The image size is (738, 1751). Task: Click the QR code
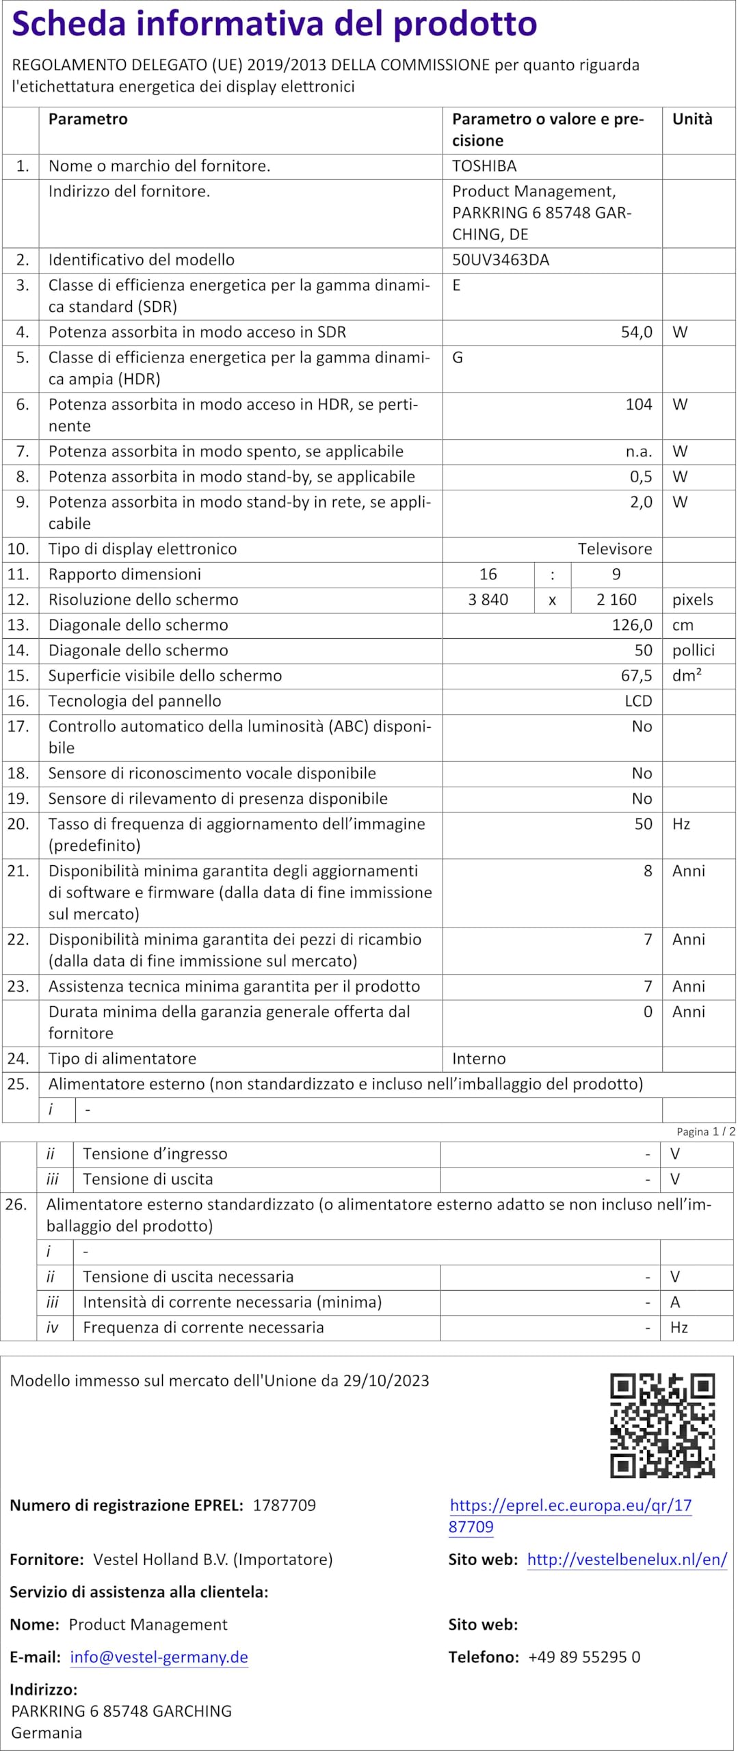pos(662,1425)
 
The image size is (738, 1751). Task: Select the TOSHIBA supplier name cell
pos(484,166)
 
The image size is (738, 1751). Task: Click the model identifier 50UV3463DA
pos(501,260)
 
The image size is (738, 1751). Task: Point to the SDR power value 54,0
pos(636,332)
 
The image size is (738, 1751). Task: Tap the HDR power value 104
pos(639,404)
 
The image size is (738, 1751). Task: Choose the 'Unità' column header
pos(692,119)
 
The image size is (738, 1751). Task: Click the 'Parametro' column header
pos(88,119)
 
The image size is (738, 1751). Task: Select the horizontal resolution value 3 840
pos(488,600)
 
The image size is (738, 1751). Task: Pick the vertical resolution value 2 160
pos(616,600)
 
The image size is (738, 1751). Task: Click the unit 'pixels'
pos(693,600)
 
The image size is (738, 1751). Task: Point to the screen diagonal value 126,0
pos(632,625)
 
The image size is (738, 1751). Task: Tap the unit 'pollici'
pos(694,650)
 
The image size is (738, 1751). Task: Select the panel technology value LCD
pos(638,701)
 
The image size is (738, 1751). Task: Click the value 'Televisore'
pos(615,549)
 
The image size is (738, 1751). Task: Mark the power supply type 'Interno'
pos(479,1059)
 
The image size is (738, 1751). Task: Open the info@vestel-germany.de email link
pos(159,1657)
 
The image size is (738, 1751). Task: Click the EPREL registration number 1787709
pos(285,1505)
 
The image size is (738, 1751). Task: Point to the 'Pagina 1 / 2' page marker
pos(706,1132)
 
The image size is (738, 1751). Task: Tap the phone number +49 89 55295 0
pos(584,1657)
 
